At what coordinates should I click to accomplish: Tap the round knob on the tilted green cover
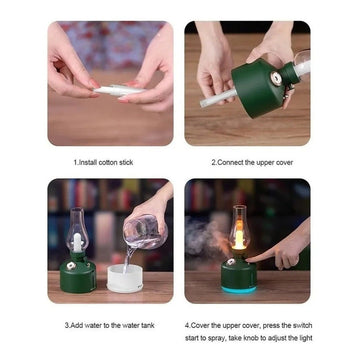(276, 79)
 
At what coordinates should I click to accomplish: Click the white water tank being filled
(125, 278)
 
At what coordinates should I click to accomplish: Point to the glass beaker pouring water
(144, 232)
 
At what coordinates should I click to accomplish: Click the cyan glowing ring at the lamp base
(239, 289)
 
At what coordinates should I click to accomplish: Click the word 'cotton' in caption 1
(108, 163)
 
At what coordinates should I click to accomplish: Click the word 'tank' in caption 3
(147, 325)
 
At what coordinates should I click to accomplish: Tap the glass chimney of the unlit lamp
(77, 230)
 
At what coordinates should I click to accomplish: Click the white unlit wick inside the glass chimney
(77, 243)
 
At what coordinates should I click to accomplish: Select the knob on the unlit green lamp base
(71, 266)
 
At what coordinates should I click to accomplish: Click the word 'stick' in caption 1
(126, 163)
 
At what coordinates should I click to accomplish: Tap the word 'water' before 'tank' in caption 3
(130, 325)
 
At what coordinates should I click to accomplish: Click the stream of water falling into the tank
(127, 259)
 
